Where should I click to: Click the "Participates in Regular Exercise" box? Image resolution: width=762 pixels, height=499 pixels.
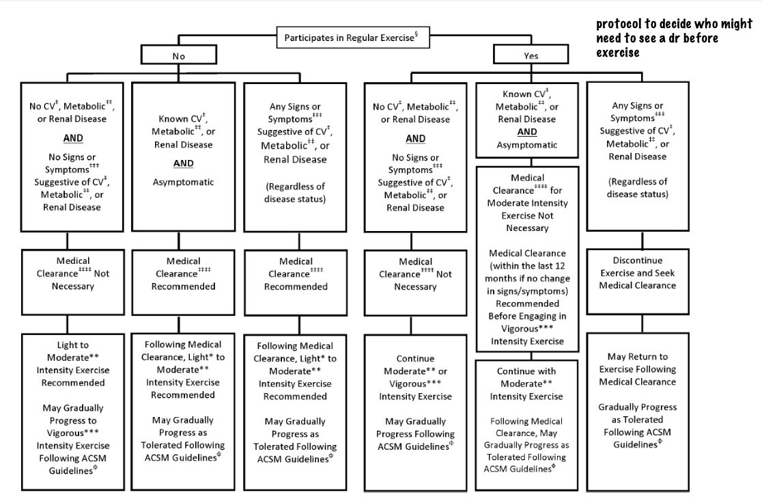[x=353, y=38]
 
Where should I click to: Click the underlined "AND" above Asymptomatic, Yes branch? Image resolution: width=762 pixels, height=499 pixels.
[x=526, y=131]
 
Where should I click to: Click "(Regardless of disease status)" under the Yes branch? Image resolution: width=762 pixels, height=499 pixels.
[x=638, y=187]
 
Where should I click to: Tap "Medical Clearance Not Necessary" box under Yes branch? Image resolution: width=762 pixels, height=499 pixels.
[x=417, y=274]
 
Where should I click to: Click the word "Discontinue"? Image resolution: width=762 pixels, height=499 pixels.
[x=637, y=260]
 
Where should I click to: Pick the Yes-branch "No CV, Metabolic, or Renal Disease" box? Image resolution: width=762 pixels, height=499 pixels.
[x=417, y=157]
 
